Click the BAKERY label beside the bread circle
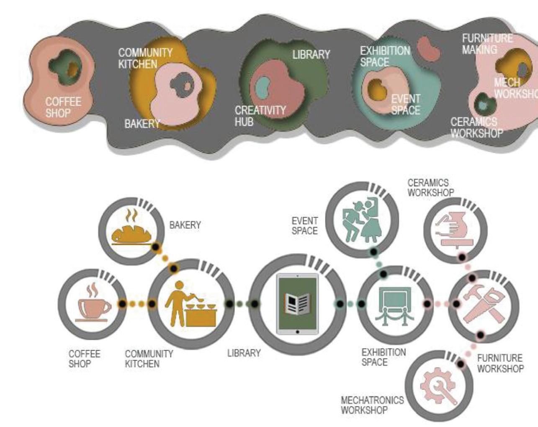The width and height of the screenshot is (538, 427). click(185, 225)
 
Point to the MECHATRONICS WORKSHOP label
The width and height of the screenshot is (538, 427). click(372, 405)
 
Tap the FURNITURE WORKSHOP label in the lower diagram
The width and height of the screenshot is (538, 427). click(500, 363)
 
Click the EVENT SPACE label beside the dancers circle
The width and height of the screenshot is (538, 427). click(305, 225)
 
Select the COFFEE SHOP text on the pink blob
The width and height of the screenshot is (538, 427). click(63, 107)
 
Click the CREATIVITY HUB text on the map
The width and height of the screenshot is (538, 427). click(260, 116)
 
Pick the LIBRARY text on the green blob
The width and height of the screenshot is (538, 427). click(311, 54)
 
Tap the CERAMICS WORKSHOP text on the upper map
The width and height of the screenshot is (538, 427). click(476, 128)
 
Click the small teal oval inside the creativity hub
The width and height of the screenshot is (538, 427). click(263, 87)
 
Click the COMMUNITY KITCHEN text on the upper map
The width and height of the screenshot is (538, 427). click(145, 59)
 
